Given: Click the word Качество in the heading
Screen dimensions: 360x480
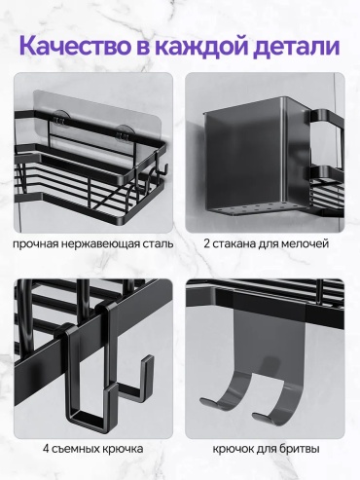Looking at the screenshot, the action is coord(75,46).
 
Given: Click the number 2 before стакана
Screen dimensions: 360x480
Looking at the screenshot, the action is coord(207,243).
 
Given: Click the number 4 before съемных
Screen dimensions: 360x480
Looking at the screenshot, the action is coord(46,449).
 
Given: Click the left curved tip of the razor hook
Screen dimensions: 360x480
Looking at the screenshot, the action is coord(206,402).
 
